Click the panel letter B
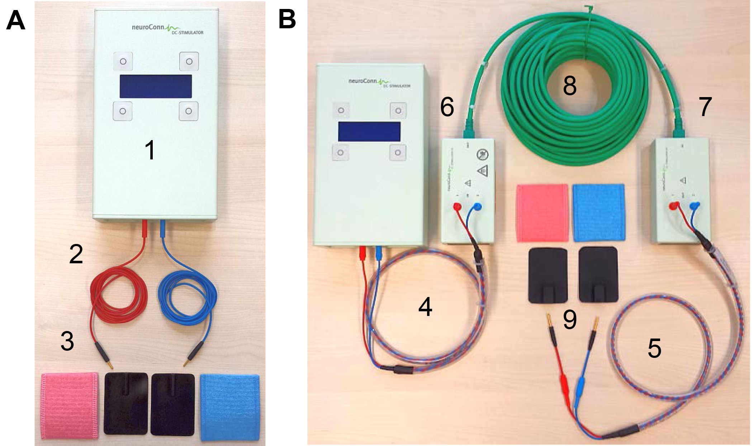coord(287,19)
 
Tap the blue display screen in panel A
coord(156,86)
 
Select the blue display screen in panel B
coord(369,131)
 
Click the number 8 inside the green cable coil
coord(569,86)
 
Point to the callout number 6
coord(447,106)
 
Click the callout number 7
coord(705,106)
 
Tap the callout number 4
coord(425,307)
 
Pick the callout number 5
coord(654,348)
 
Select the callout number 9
coord(570,320)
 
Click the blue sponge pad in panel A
coord(230,407)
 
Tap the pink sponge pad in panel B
coord(541,212)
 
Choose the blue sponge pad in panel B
coord(598,212)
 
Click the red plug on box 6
coord(457,207)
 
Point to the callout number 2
coord(76,254)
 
